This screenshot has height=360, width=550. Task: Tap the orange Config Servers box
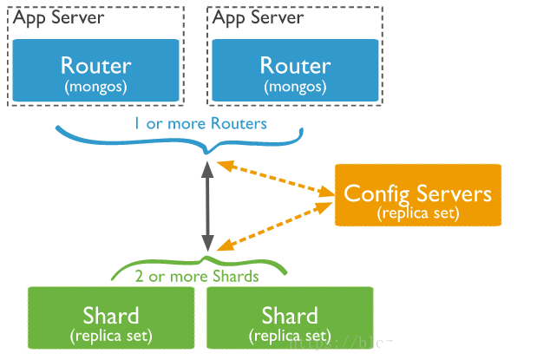tap(417, 195)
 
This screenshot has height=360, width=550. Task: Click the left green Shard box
tap(111, 317)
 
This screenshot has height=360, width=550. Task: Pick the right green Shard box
tap(290, 317)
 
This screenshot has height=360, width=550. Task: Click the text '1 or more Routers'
tap(200, 123)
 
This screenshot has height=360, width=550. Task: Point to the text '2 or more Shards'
tap(197, 277)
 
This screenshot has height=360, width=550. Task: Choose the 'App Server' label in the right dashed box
tap(259, 17)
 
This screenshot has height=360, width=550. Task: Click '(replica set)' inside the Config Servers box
tap(418, 213)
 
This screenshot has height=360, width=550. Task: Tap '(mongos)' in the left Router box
tap(95, 87)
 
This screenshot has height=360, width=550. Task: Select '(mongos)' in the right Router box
tap(295, 87)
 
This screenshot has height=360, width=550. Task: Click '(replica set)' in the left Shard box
tap(111, 335)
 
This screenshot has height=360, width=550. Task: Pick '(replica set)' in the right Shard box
tap(290, 335)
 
